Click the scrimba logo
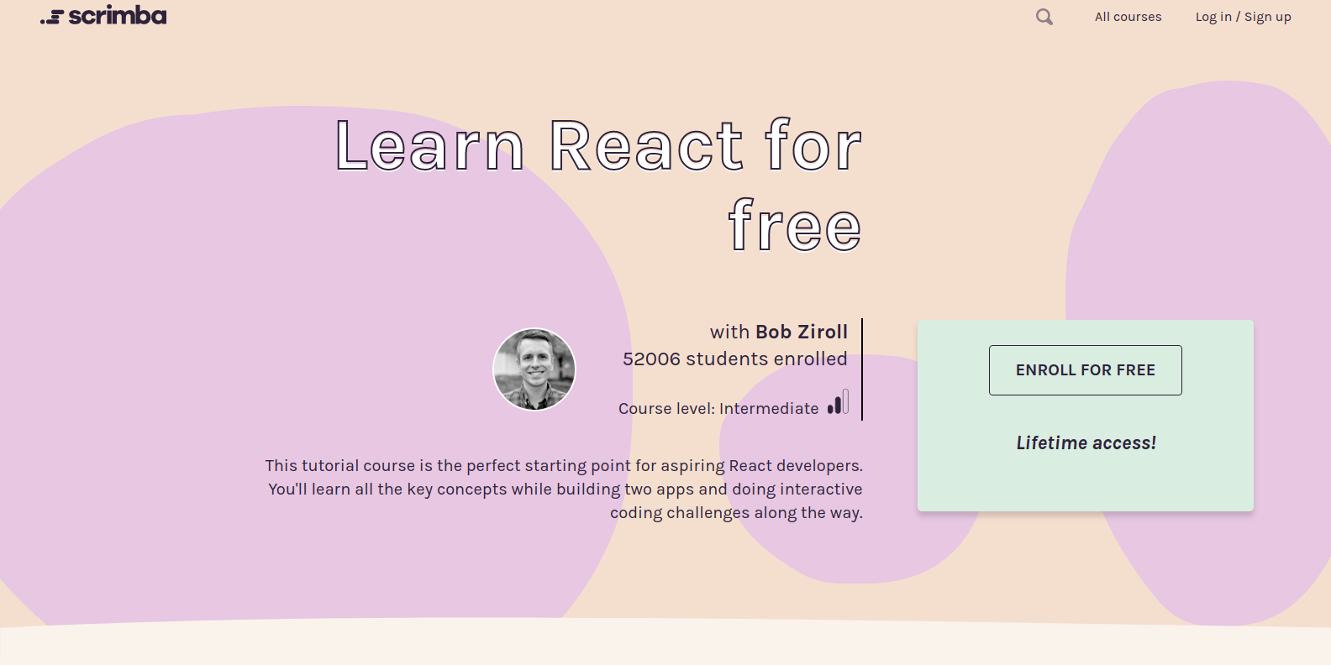(x=103, y=16)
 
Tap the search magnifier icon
(x=1044, y=17)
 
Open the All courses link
(x=1128, y=17)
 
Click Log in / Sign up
(x=1243, y=17)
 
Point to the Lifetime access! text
(x=1086, y=443)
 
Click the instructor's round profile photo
(x=534, y=369)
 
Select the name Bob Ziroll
(x=802, y=332)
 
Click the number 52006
(x=651, y=359)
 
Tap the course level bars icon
(x=838, y=402)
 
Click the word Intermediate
(x=769, y=409)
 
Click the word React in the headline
(x=646, y=146)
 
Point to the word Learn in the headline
(x=429, y=146)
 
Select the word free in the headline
(x=795, y=226)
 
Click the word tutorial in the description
(x=329, y=465)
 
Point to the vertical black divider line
(x=862, y=369)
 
